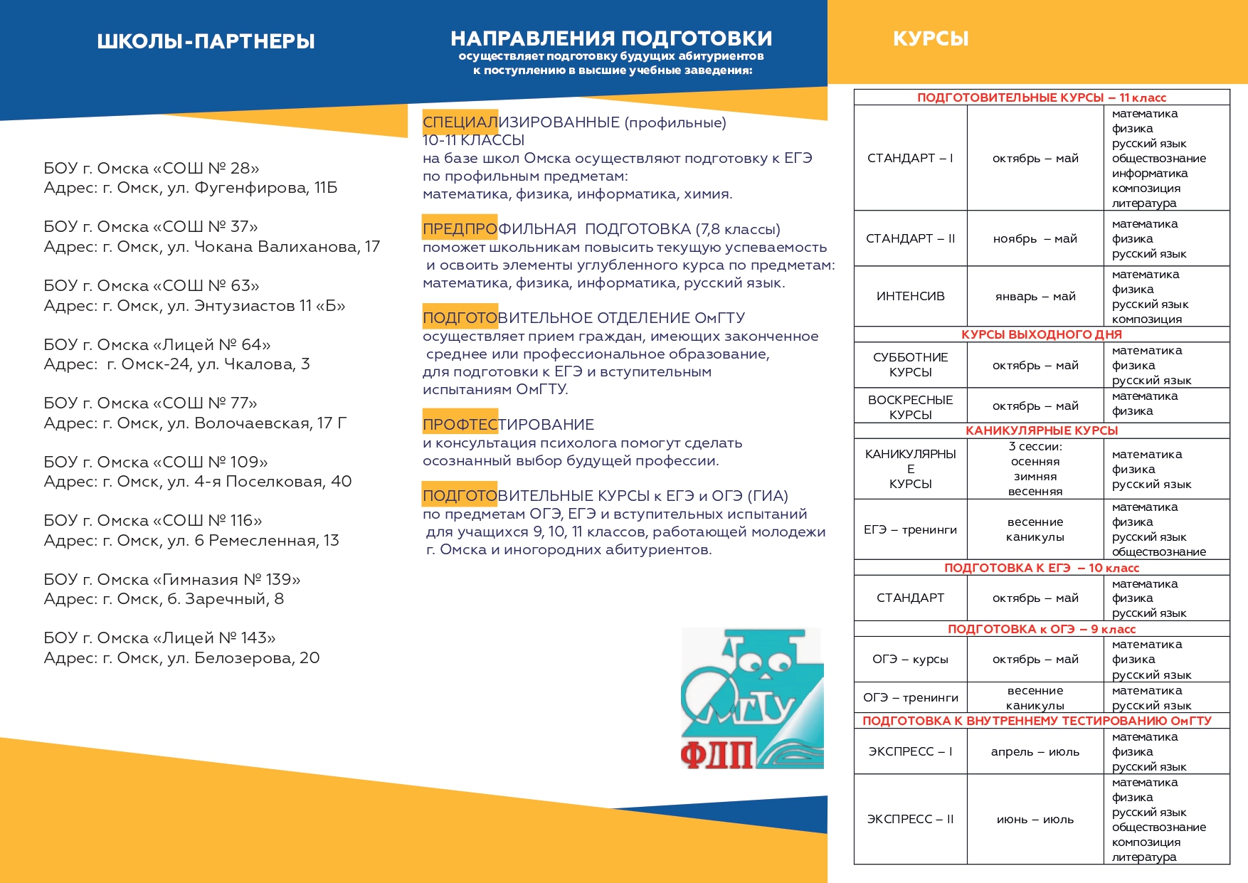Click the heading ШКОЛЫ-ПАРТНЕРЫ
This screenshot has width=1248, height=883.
coord(206,41)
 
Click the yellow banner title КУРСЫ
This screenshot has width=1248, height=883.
coord(931,38)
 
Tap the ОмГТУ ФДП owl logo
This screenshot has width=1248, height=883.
coord(752,698)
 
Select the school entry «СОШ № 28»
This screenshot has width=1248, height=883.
coord(152,169)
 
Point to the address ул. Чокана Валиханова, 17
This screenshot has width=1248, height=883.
coord(212,247)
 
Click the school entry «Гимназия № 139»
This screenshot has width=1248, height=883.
coord(172,579)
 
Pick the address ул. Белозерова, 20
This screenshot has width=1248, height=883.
coord(181,658)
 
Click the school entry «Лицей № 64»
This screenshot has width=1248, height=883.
coord(157,345)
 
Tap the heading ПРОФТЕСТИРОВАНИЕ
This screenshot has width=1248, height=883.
coord(508,425)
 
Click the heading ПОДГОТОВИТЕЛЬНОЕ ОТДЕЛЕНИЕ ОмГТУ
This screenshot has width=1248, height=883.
coord(583,318)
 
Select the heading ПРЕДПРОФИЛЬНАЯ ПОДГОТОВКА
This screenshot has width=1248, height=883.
coord(601,229)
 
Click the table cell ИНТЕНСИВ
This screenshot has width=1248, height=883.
coord(910,296)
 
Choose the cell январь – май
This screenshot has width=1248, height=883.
coord(1035,296)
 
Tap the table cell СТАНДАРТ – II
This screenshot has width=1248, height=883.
coord(910,238)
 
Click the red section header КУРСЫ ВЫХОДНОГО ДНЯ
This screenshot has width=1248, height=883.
coord(1041,334)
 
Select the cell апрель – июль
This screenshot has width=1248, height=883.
coord(1035,751)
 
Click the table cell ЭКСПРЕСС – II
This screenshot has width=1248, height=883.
coord(910,819)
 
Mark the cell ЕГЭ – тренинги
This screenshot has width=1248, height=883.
coord(910,529)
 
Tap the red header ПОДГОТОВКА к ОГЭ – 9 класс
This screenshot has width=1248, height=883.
coord(1041,629)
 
